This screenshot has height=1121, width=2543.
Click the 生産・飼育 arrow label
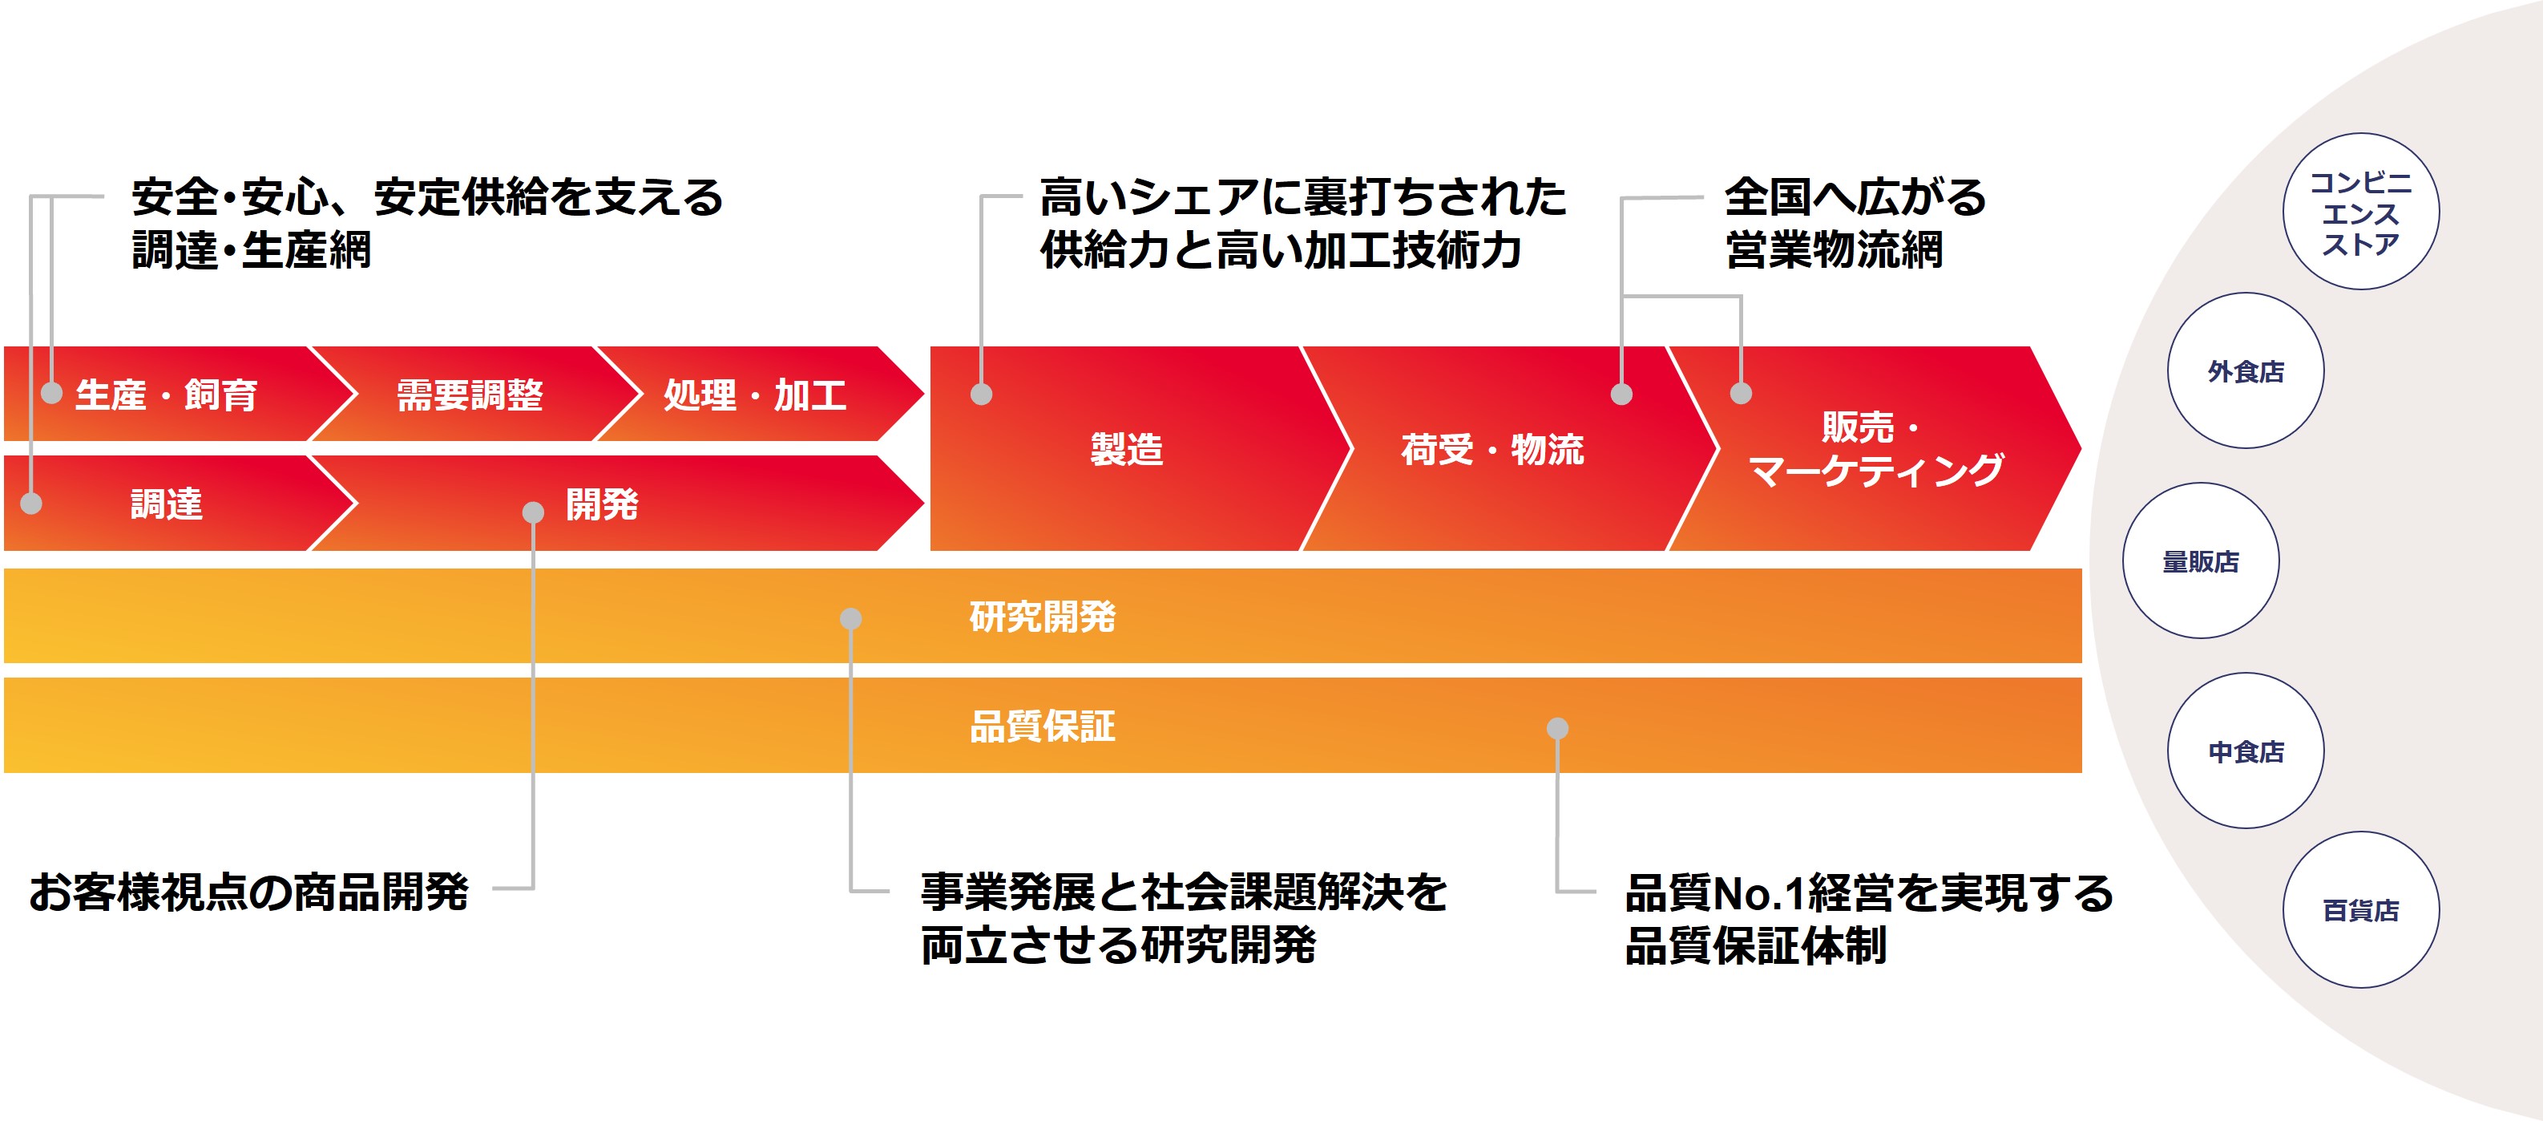coord(166,395)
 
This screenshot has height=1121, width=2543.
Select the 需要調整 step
coord(470,395)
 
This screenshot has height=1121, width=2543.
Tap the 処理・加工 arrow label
coord(755,395)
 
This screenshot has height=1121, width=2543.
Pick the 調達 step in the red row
coord(167,504)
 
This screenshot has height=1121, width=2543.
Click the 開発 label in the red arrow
coord(602,504)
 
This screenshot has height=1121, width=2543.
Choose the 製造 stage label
coord(1126,449)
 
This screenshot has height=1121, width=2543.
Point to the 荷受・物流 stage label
coord(1491,449)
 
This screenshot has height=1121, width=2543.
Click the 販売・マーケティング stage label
coord(1875,449)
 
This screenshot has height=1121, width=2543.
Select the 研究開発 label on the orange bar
coord(1043,617)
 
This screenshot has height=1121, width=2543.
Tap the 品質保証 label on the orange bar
coord(1043,726)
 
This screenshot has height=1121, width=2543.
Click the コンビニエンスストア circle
coord(2360,212)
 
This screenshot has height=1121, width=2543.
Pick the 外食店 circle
coord(2246,371)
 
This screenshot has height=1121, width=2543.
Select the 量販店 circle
coord(2201,561)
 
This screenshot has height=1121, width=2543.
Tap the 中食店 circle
coord(2246,751)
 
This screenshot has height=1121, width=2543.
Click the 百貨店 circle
coord(2360,909)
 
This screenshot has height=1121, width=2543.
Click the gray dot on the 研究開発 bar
coord(850,619)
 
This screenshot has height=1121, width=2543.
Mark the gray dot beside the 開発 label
coord(533,512)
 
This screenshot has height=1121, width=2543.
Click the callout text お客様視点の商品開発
coord(248,892)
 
